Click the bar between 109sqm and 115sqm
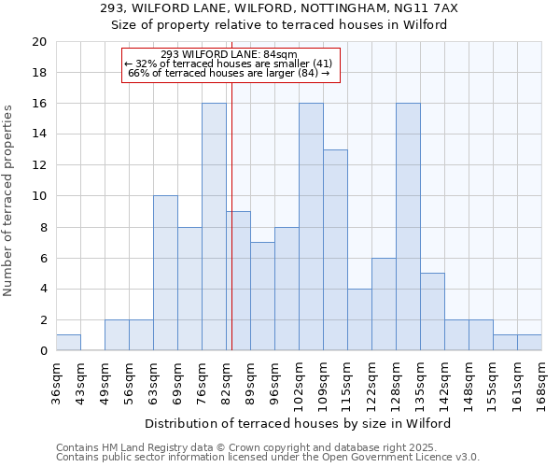pyautogui.click(x=335, y=250)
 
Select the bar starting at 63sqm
pyautogui.click(x=165, y=273)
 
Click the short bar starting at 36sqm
pyautogui.click(x=68, y=343)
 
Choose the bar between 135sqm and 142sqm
pyautogui.click(x=432, y=312)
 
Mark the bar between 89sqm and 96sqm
pyautogui.click(x=262, y=296)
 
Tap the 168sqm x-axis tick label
pyautogui.click(x=542, y=380)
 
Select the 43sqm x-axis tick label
pyautogui.click(x=81, y=380)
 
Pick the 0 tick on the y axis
pyautogui.click(x=43, y=351)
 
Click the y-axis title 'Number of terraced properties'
pyautogui.click(x=8, y=201)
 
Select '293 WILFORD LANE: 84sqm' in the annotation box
pyautogui.click(x=229, y=54)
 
